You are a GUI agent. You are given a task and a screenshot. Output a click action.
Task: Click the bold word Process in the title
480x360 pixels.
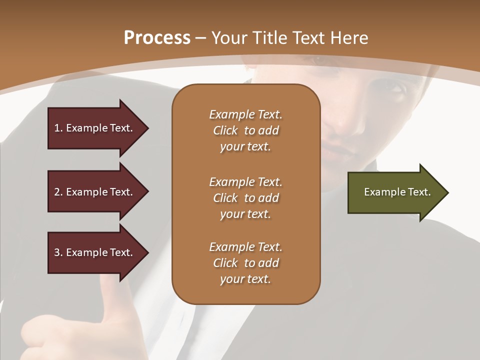tap(157, 38)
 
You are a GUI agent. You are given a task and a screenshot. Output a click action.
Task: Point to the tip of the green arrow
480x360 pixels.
tap(447, 192)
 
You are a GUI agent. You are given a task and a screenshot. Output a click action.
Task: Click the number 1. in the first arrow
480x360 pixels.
tap(58, 128)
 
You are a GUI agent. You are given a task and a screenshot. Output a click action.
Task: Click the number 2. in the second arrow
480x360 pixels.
tap(58, 192)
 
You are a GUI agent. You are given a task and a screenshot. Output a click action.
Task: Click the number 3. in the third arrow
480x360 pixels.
tap(58, 252)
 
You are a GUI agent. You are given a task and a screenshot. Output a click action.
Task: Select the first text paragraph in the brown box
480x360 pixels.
tap(245, 130)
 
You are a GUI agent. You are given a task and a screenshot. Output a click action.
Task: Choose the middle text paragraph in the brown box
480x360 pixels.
tap(245, 198)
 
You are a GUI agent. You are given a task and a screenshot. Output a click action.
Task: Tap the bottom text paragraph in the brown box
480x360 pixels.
tap(245, 263)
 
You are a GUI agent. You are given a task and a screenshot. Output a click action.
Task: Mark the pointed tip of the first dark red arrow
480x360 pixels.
tap(147, 128)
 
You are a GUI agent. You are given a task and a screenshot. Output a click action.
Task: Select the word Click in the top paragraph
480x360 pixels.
tap(225, 130)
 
